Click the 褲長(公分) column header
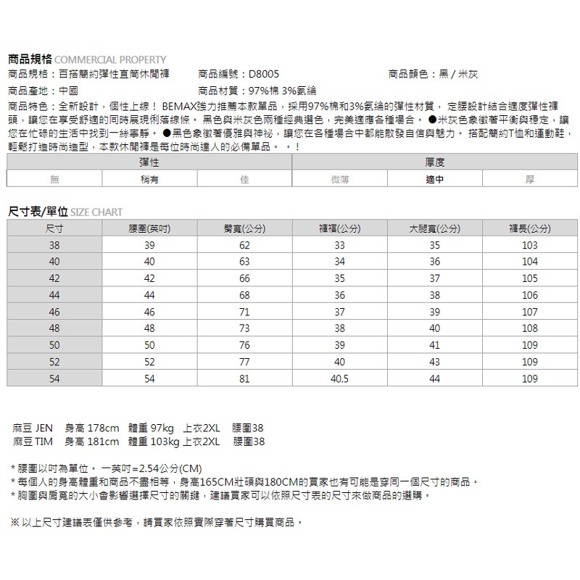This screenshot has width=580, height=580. pyautogui.click(x=530, y=229)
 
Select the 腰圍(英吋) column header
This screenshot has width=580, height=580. pyautogui.click(x=149, y=229)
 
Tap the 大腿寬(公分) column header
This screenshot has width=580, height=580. pyautogui.click(x=434, y=229)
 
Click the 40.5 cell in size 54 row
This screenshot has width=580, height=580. pyautogui.click(x=339, y=378)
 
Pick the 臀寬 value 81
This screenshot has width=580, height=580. pyautogui.click(x=244, y=378)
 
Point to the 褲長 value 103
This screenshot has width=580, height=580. pyautogui.click(x=530, y=246)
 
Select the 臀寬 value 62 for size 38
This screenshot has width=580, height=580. pyautogui.click(x=244, y=246)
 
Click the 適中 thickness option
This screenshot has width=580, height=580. pyautogui.click(x=434, y=179)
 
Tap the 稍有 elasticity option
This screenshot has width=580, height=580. pyautogui.click(x=149, y=179)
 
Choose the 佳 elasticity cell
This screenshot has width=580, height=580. pyautogui.click(x=244, y=179)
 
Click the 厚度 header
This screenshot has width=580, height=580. pyautogui.click(x=434, y=162)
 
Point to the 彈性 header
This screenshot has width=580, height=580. pyautogui.click(x=149, y=162)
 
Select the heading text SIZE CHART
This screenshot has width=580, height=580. pyautogui.click(x=96, y=212)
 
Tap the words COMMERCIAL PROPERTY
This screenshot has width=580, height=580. pyautogui.click(x=110, y=60)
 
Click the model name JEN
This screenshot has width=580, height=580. pyautogui.click(x=45, y=428)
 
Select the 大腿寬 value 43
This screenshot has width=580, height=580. pyautogui.click(x=434, y=362)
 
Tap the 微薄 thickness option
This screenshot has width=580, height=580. pyautogui.click(x=339, y=179)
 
